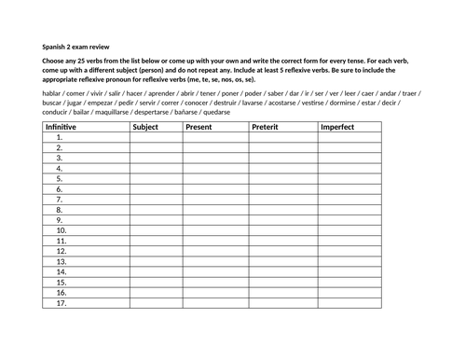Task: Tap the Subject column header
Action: (x=146, y=126)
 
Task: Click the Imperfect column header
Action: (x=337, y=126)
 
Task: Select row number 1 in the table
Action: (x=59, y=137)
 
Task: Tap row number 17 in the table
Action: (x=61, y=303)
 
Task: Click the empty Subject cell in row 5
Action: (x=156, y=178)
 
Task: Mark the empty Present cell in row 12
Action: (x=214, y=251)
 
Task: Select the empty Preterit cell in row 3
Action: (x=281, y=158)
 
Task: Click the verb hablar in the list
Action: (x=52, y=94)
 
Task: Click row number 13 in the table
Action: (x=61, y=261)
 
